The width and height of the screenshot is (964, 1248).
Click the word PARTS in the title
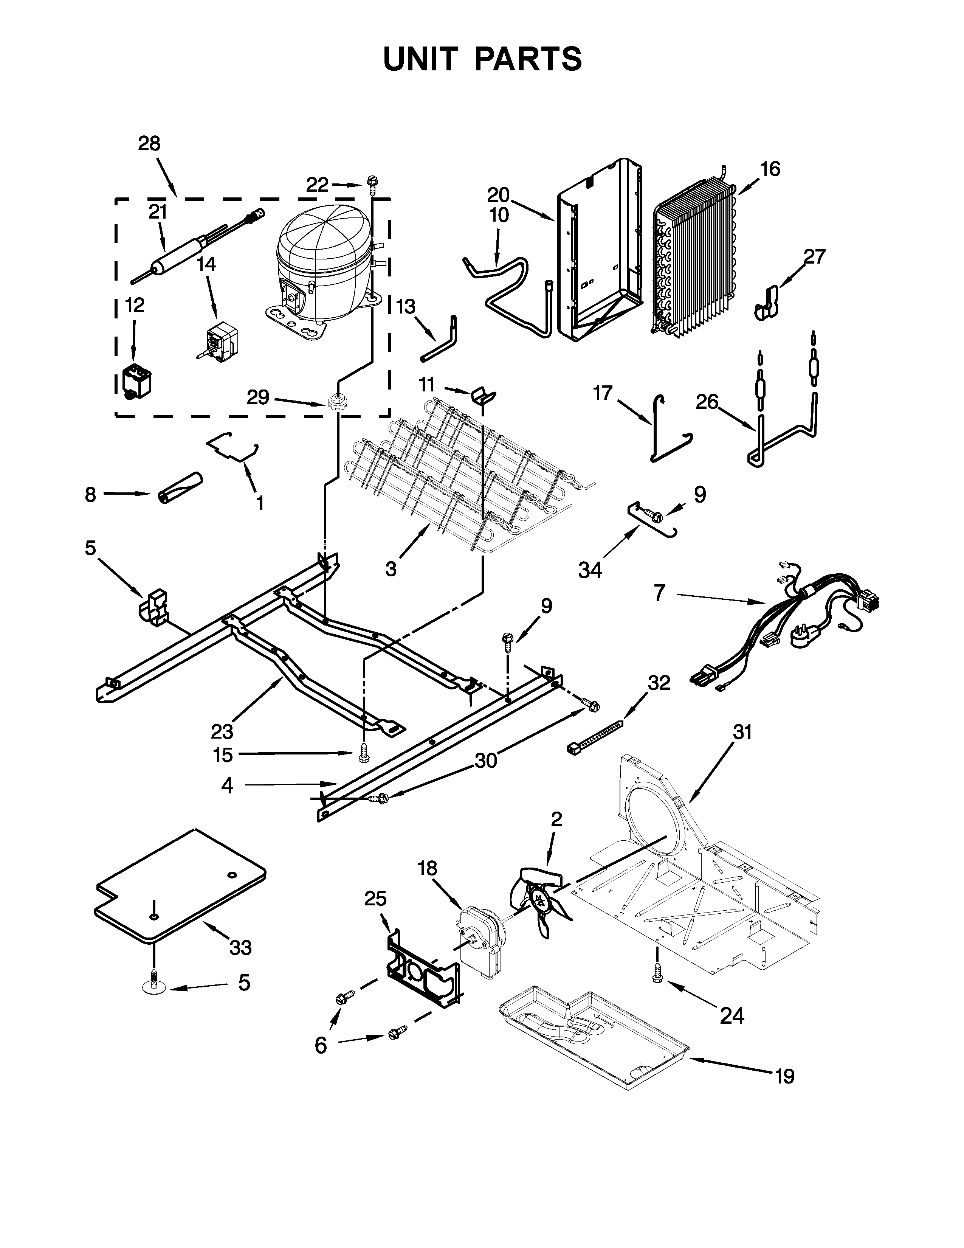pos(528,59)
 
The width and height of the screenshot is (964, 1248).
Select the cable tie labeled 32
pos(594,737)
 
